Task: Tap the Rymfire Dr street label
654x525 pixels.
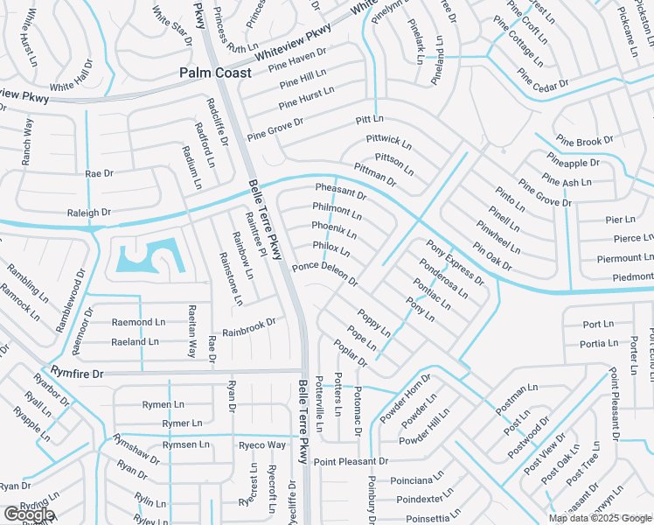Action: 77,374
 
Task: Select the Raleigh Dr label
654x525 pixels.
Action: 89,213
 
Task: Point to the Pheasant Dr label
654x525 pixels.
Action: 341,192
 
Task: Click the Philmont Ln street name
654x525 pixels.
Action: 337,211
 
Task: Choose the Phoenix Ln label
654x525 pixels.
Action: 334,230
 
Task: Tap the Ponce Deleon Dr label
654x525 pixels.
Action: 325,275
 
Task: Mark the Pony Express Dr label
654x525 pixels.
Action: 455,262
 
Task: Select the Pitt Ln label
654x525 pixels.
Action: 370,118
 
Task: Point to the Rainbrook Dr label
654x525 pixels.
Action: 249,327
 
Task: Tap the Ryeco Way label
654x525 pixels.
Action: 262,445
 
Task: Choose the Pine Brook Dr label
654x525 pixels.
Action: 583,142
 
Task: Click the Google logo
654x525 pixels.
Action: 28,514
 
